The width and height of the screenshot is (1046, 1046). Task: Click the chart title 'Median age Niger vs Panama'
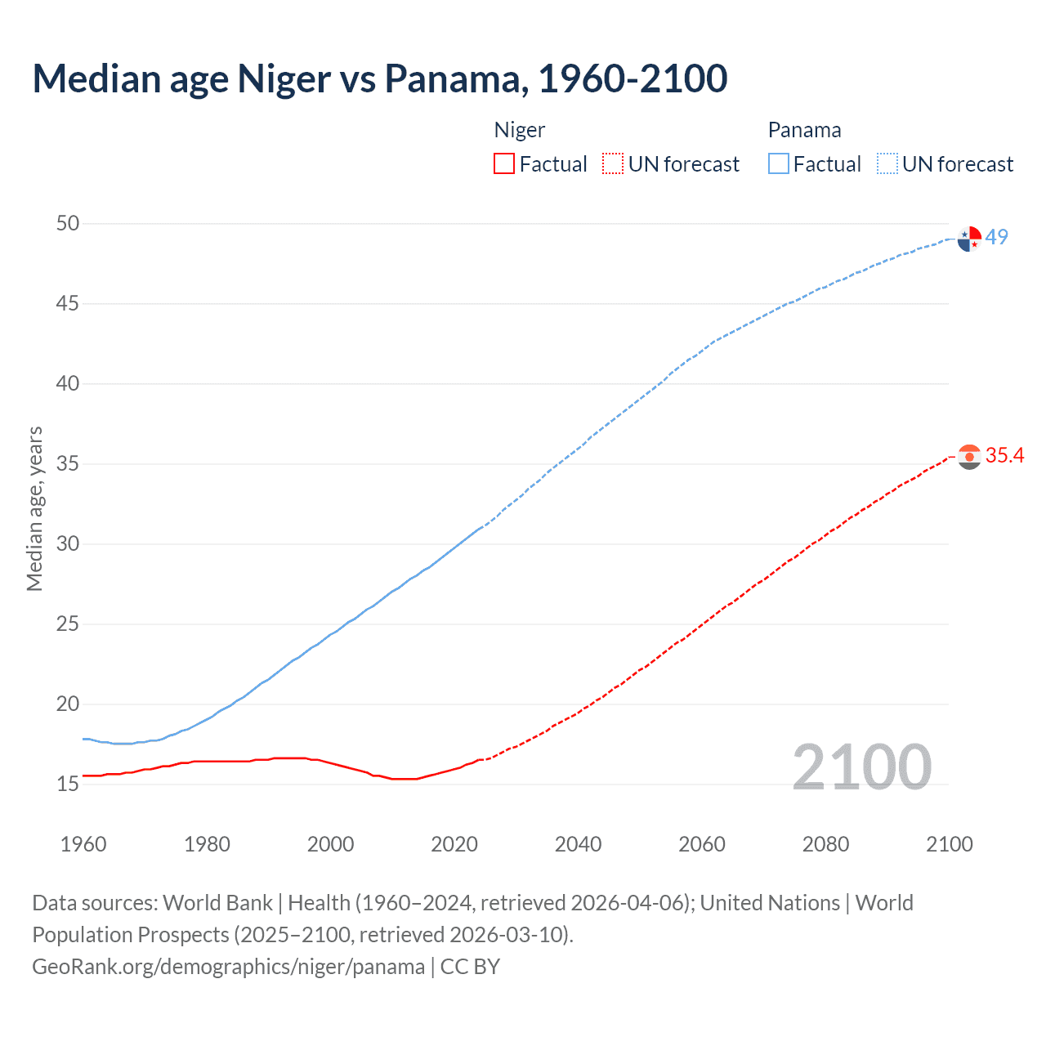(x=379, y=78)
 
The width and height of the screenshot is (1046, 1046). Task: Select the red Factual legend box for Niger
(x=504, y=164)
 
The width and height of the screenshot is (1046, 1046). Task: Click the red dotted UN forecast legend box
(x=613, y=164)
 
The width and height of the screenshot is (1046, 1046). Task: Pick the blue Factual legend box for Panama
(x=778, y=164)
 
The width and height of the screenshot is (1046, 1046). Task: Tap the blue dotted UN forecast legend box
(x=887, y=164)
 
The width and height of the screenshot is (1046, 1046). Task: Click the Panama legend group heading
(x=804, y=130)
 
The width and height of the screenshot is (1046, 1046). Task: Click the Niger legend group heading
(x=520, y=130)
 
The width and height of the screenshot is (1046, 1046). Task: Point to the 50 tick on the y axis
(x=68, y=223)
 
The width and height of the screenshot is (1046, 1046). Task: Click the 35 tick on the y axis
(x=68, y=464)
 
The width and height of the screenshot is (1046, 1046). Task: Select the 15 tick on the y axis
(x=68, y=784)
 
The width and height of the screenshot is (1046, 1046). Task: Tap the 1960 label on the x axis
(x=83, y=844)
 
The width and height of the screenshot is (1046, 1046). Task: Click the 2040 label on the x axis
(x=578, y=844)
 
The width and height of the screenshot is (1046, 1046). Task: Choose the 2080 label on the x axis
(x=825, y=844)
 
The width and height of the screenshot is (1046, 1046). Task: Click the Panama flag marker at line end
(x=969, y=239)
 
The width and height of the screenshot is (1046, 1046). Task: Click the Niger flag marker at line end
(x=969, y=457)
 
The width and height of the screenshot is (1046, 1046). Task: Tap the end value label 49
(x=997, y=237)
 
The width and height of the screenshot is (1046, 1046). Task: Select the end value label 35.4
(x=1004, y=456)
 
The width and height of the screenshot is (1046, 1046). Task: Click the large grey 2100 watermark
(x=861, y=767)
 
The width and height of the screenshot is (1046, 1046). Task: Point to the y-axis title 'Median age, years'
(x=34, y=508)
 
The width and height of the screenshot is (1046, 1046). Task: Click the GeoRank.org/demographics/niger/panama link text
(x=228, y=967)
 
